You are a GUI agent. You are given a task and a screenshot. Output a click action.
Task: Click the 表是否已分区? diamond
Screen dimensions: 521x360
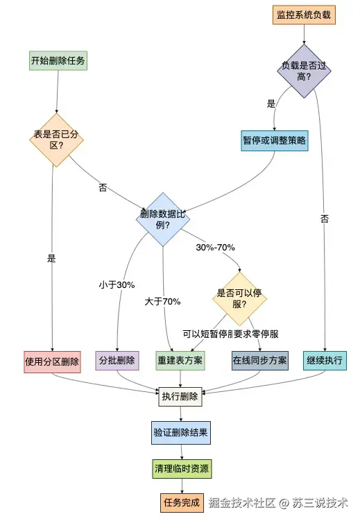pos(56,140)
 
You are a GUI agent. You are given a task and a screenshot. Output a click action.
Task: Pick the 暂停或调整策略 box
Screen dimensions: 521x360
pos(275,140)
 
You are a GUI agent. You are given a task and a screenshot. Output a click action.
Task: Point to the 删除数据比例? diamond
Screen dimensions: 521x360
pos(163,219)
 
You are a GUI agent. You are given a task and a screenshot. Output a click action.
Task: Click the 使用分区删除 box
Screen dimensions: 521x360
pos(53,361)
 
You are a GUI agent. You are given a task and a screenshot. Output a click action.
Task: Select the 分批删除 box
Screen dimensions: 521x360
pos(117,361)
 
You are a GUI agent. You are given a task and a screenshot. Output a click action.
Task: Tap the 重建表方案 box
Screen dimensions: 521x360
pos(180,361)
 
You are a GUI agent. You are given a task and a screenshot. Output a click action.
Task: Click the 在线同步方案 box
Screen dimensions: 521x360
pos(260,361)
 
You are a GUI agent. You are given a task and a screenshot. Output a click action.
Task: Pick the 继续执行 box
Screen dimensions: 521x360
pos(325,361)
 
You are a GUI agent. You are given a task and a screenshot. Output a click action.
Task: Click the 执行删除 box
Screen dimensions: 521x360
pos(180,398)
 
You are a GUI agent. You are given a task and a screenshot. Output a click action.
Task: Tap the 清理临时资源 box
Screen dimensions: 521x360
pos(181,469)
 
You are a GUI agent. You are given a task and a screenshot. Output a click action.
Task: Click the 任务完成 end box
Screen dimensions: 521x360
pos(181,502)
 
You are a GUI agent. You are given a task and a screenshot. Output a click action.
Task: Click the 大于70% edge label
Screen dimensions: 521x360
pos(163,301)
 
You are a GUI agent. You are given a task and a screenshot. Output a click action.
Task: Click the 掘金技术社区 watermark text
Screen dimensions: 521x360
pos(243,502)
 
